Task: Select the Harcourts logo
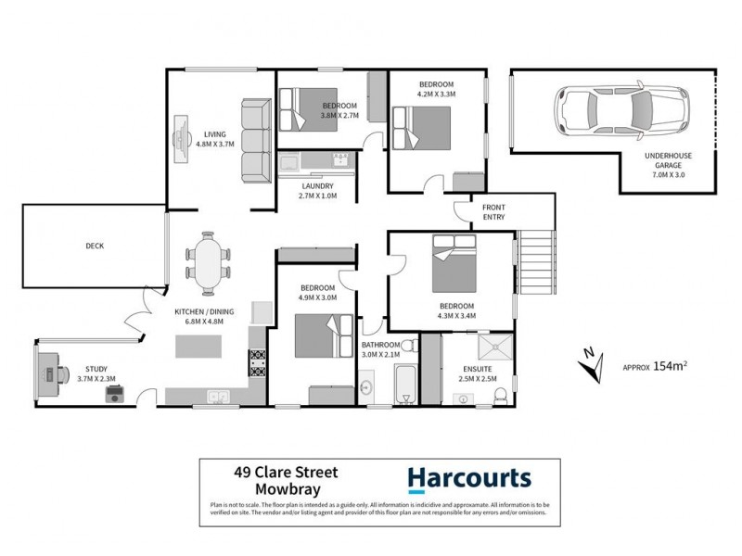[x=469, y=478]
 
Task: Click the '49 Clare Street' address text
[x=284, y=472]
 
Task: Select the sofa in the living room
[x=255, y=141]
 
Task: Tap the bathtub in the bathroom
[x=406, y=384]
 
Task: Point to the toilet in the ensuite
[x=500, y=396]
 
